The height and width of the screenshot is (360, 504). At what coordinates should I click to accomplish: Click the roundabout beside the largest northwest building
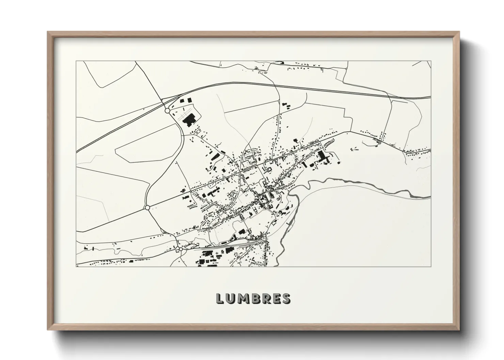[x=167, y=111]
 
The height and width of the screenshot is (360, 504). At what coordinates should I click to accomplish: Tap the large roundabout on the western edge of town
[x=147, y=207]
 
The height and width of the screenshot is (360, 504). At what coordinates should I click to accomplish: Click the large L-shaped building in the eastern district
[x=322, y=156]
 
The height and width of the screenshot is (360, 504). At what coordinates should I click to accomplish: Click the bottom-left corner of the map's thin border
[x=76, y=266]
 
